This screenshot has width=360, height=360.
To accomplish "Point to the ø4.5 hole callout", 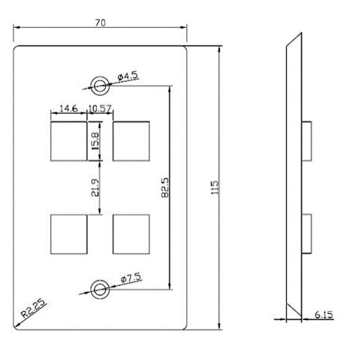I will point(127,77).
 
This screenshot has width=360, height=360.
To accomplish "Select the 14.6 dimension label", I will point(69,108).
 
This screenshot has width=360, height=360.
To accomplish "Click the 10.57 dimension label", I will point(100,108).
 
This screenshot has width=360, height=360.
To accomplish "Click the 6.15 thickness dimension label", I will point(324,315).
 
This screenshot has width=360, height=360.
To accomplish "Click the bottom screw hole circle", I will point(100,289).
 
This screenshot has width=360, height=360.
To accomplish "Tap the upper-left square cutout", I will point(68,141).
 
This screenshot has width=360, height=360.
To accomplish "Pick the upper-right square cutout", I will point(131,141).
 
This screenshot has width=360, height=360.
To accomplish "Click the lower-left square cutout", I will point(68,234).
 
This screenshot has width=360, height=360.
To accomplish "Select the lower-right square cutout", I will point(131,234).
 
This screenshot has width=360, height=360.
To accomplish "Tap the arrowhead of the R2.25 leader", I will point(15,325).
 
